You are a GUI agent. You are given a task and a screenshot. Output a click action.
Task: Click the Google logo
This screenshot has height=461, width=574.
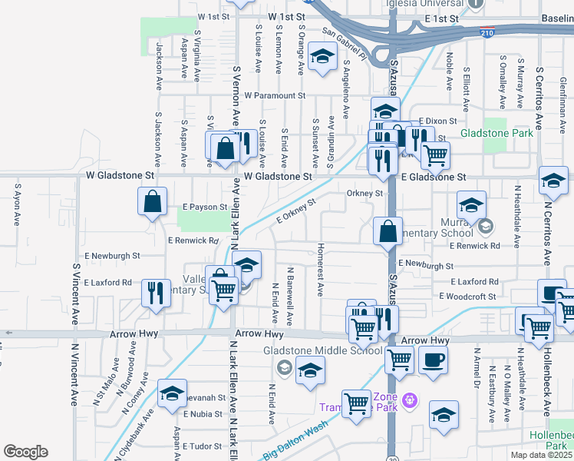tap(25, 452)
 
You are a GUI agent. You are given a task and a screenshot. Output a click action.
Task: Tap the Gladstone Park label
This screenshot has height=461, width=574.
tap(496, 134)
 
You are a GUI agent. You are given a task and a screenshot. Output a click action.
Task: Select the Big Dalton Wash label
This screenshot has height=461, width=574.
tap(292, 445)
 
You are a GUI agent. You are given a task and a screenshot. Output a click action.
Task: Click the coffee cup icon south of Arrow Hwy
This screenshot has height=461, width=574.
tap(434, 360)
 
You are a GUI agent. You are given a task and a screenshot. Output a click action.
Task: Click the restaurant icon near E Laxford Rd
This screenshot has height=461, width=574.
tap(156, 292)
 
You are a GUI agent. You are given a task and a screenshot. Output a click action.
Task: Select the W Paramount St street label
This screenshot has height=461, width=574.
tap(275, 96)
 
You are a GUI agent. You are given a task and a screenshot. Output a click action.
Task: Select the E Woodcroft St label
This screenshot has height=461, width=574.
tap(470, 296)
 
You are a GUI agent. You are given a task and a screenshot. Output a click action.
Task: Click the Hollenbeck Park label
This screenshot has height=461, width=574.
tap(553, 439)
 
